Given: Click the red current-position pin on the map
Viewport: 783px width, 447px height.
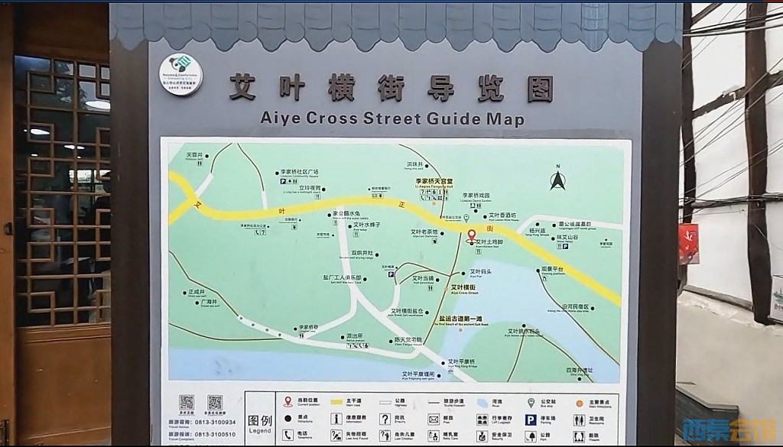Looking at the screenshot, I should (471, 235).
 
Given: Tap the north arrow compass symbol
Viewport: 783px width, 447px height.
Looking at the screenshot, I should (558, 180).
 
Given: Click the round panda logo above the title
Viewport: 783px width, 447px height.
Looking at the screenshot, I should (180, 74).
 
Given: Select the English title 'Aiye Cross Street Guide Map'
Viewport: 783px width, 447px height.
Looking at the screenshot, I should (392, 119).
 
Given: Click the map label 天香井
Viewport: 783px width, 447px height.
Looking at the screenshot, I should (195, 155).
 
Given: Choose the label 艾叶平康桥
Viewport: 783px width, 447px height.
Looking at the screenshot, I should (462, 361).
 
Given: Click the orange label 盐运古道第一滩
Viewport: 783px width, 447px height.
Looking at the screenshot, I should (460, 319).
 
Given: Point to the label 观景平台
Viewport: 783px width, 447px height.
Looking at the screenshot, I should (552, 270).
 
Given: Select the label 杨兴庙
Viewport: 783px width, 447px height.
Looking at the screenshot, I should (538, 230).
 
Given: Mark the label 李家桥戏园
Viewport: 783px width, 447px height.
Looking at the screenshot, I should (476, 196).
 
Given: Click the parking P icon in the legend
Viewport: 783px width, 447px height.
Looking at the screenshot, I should (530, 419).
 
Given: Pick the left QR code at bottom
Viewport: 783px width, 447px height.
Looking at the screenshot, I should (187, 403).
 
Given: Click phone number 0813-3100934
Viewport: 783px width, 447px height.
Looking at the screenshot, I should (213, 422).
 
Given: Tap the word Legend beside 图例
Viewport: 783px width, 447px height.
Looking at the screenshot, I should (260, 432).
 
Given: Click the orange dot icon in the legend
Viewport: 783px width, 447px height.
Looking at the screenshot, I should (580, 403).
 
